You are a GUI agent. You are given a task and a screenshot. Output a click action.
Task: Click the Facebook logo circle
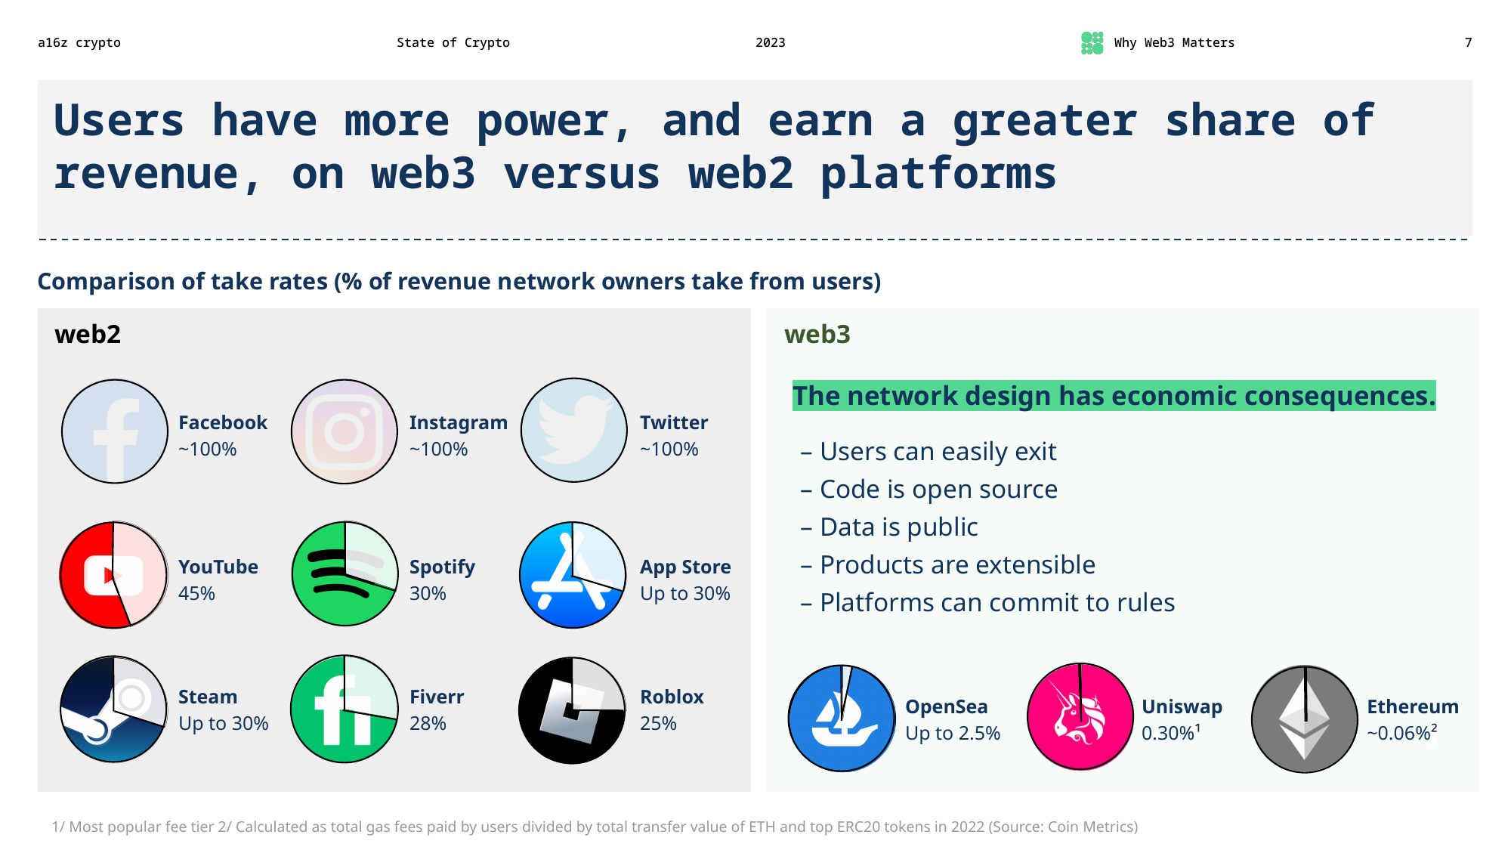[114, 431]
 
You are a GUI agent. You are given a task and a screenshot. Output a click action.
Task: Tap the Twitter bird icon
[573, 431]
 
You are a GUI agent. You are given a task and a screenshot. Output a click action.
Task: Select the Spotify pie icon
[345, 574]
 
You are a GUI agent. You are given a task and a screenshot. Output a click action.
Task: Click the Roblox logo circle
[572, 710]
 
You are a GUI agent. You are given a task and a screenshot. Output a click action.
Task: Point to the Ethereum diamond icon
[1304, 719]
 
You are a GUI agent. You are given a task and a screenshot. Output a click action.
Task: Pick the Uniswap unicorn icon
[1080, 717]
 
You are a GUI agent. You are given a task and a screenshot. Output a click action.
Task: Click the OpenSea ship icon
[841, 719]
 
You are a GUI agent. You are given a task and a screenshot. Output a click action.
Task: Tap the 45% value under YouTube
[196, 594]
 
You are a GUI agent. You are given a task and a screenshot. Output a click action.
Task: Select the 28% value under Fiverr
[428, 724]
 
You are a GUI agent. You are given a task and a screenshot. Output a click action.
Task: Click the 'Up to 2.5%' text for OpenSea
[952, 734]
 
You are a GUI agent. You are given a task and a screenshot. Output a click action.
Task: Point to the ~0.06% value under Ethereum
[1401, 733]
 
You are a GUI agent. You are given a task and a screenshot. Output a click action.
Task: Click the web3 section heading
[817, 334]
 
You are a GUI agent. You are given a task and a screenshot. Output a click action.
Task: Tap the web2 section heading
[88, 334]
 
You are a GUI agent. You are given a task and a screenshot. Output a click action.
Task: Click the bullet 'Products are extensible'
[956, 565]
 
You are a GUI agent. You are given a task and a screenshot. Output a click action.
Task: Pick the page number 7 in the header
[1468, 43]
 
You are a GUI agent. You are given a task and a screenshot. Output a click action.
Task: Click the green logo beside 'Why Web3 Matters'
[1092, 43]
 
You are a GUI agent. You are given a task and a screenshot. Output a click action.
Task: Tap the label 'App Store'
[684, 567]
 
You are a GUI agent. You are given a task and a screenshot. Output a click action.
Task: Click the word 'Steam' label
[208, 697]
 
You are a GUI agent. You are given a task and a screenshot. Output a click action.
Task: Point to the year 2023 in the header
[770, 43]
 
